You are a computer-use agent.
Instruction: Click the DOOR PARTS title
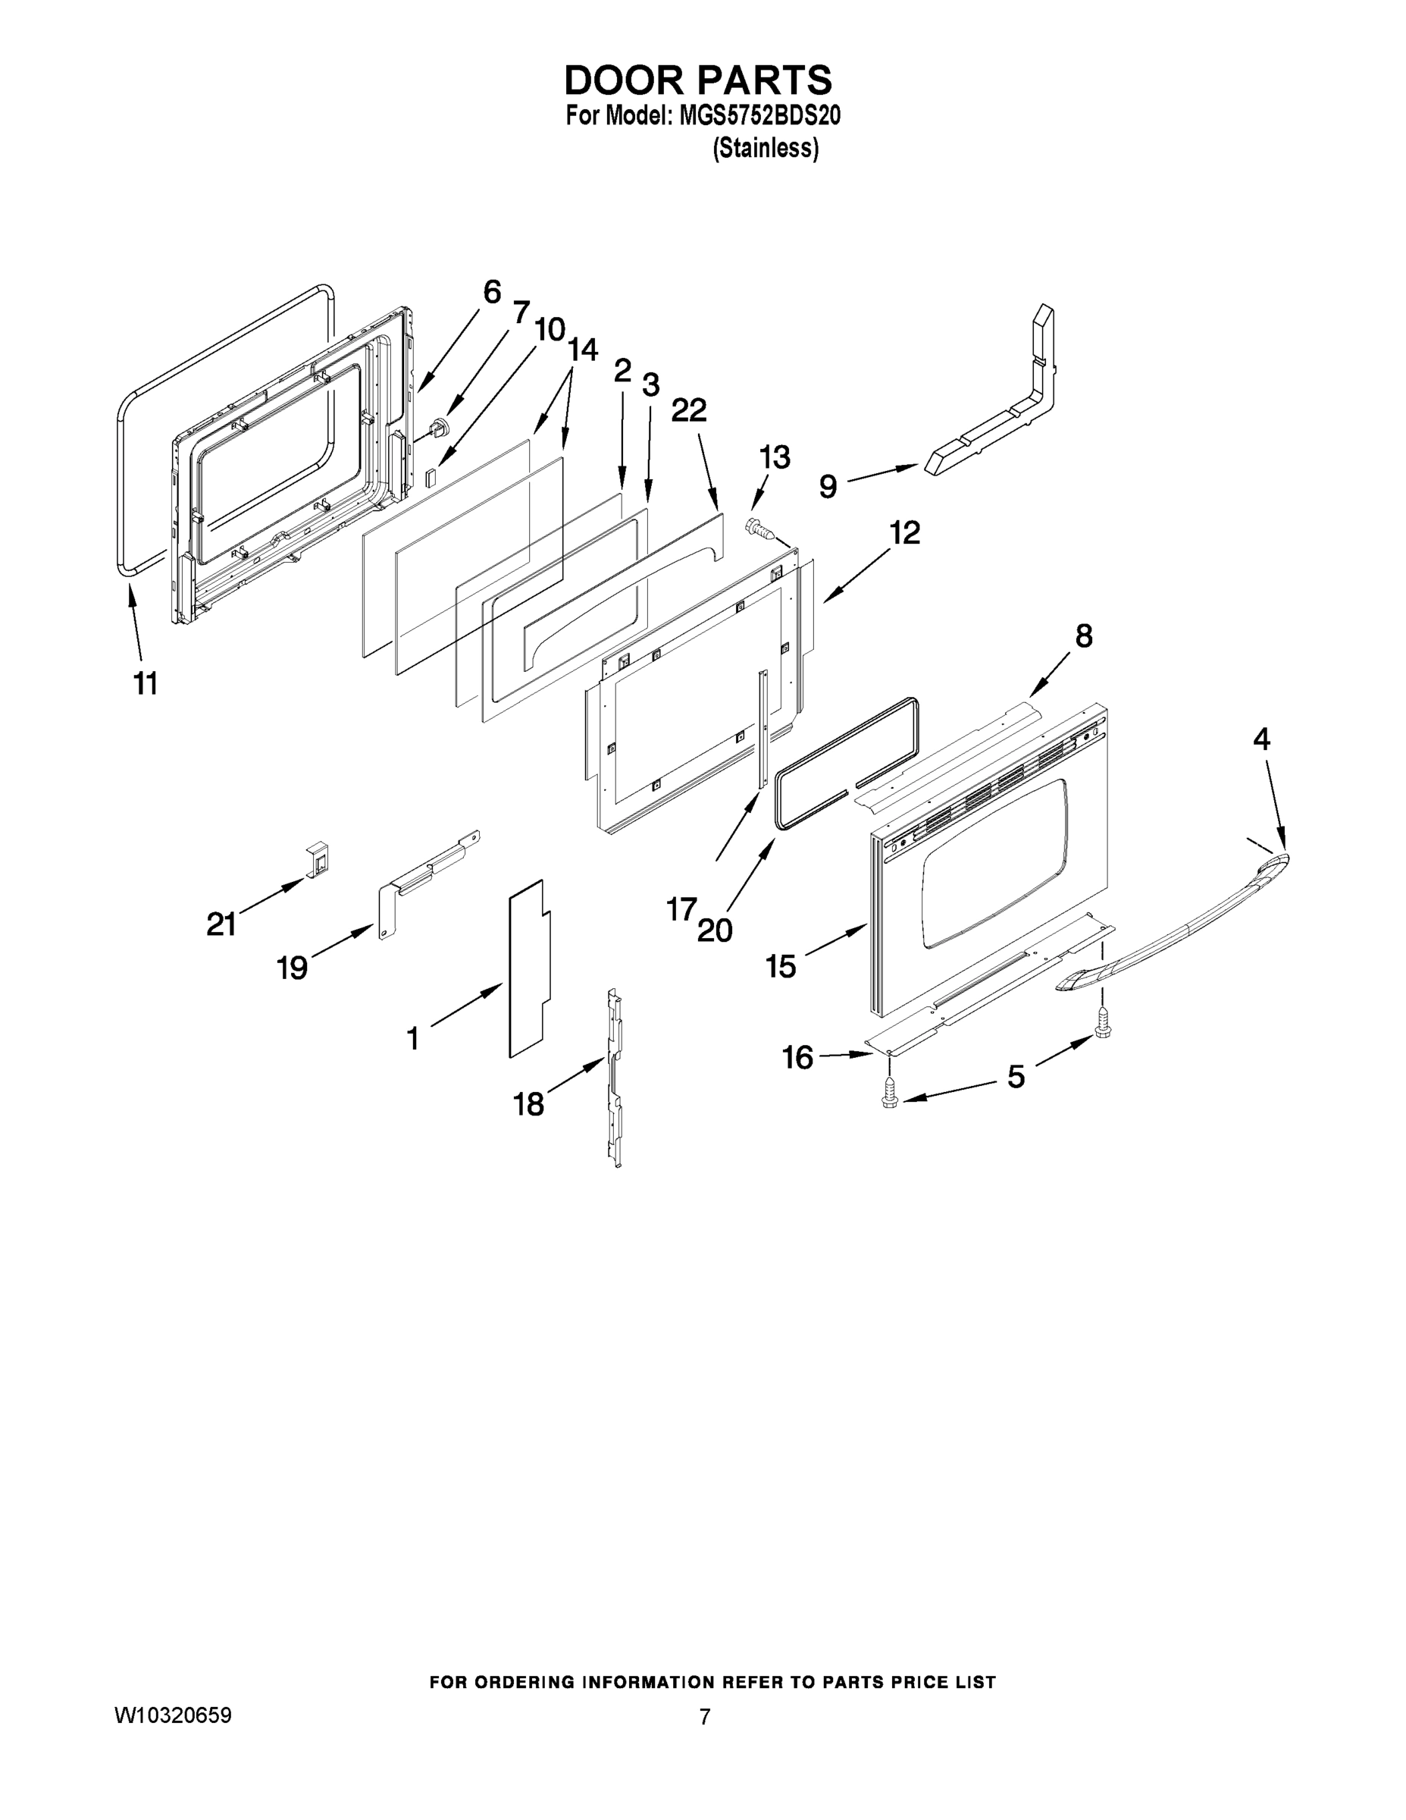[697, 80]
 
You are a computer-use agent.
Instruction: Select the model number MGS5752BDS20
[759, 116]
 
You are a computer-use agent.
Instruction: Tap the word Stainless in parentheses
[766, 149]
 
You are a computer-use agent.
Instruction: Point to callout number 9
[827, 486]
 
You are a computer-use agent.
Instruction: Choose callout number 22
[689, 410]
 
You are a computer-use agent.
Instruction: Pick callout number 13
[774, 457]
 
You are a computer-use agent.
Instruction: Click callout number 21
[221, 924]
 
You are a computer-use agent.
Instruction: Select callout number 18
[529, 1104]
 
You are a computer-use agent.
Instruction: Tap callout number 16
[797, 1058]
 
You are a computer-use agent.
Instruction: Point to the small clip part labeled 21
[318, 858]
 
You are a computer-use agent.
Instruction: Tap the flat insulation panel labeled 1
[528, 970]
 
